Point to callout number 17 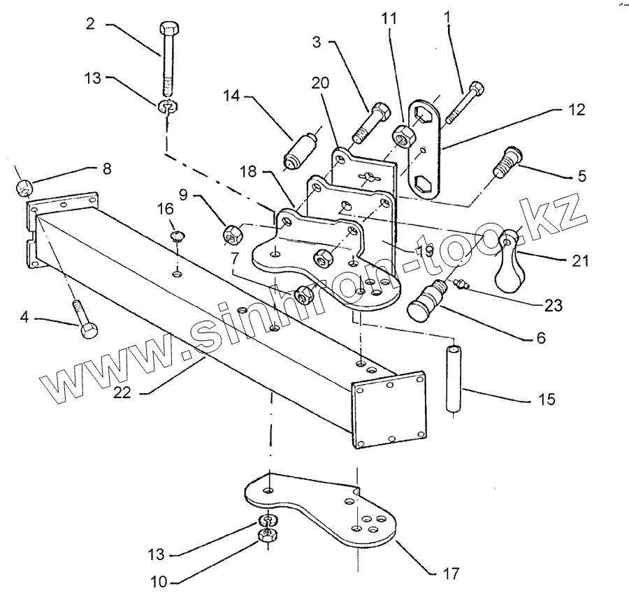click(x=451, y=574)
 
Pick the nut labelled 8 click(x=24, y=186)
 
